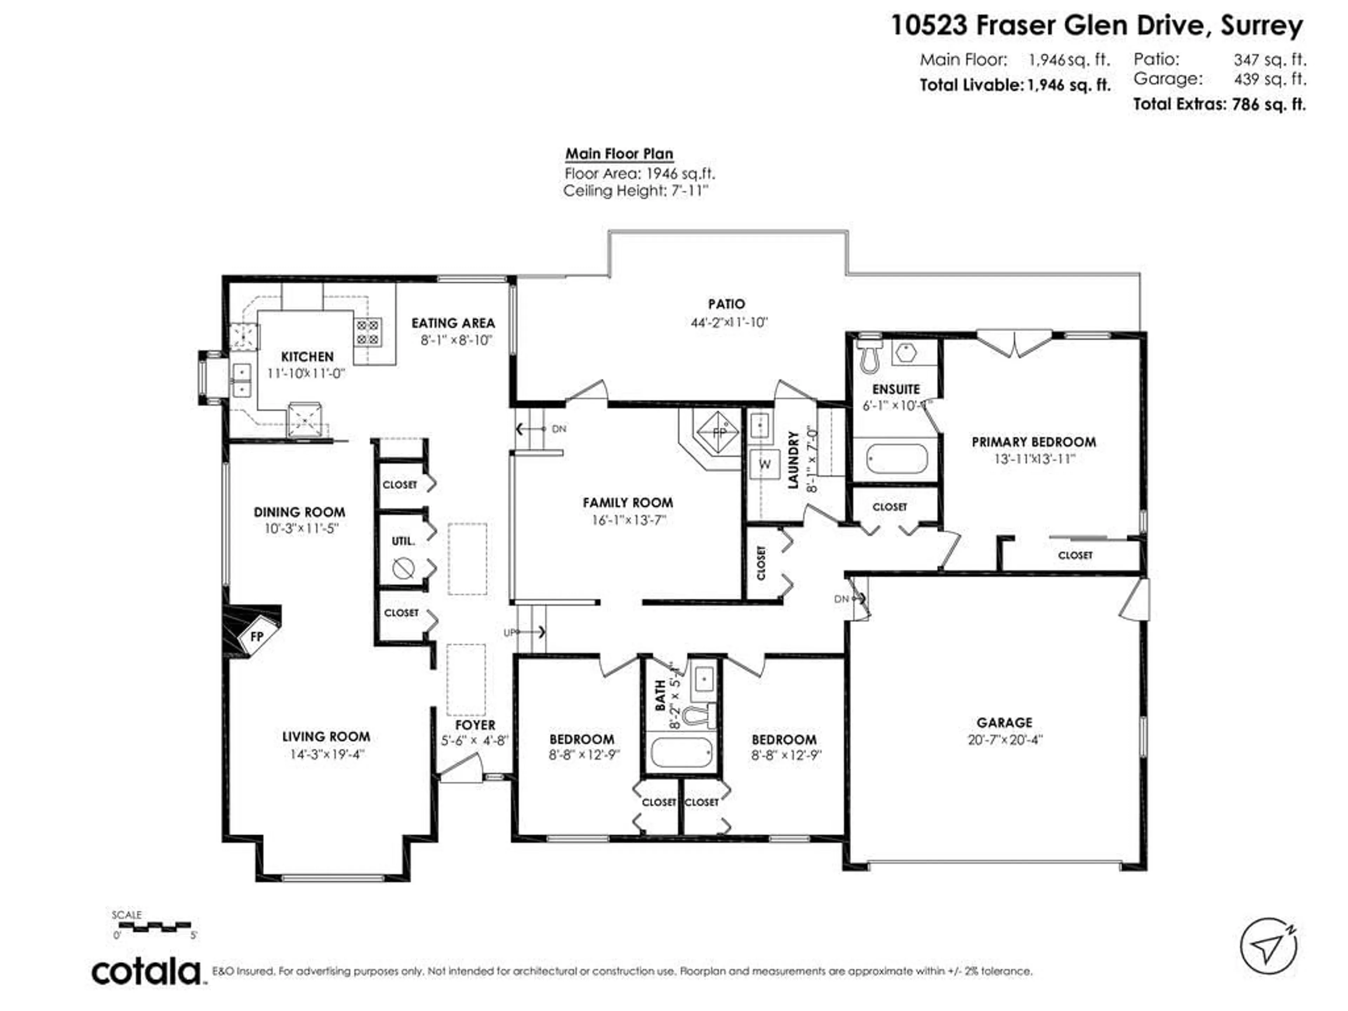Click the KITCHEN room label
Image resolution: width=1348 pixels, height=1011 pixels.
tap(307, 357)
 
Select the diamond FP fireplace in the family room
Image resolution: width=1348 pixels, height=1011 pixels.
tap(719, 433)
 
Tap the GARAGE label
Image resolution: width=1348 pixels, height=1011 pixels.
tap(1004, 723)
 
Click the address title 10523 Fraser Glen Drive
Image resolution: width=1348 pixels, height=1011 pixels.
tap(1097, 26)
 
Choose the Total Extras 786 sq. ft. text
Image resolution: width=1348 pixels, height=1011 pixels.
tap(1219, 104)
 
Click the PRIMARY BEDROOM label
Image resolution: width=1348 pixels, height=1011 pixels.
tap(1033, 442)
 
